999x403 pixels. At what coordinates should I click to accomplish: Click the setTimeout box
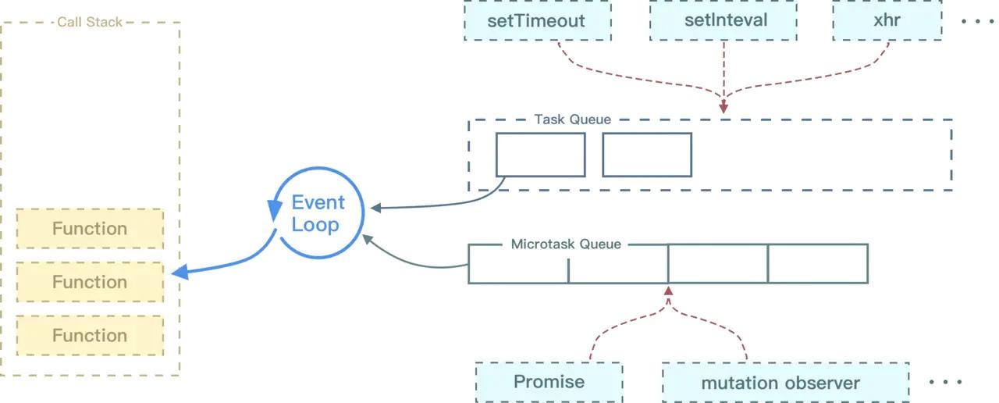click(538, 20)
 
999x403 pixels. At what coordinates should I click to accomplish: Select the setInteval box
click(723, 20)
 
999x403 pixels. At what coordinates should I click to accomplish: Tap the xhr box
click(887, 20)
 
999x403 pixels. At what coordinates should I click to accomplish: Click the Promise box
click(549, 382)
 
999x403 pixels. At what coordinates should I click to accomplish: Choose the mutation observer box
click(785, 383)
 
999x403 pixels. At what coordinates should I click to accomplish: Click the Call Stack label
click(90, 22)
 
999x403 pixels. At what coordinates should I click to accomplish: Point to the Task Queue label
click(573, 119)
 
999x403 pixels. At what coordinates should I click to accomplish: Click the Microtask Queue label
click(566, 244)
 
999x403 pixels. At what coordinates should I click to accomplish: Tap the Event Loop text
click(318, 213)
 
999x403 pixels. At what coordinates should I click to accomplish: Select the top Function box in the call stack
click(90, 229)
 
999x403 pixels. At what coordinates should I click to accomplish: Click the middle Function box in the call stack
click(90, 282)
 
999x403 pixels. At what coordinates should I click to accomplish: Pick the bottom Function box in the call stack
click(90, 336)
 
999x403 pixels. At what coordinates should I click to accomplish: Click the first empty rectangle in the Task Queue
click(541, 155)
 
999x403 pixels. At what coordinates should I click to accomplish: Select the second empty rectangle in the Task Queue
click(647, 155)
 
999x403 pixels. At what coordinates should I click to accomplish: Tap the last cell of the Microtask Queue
click(818, 263)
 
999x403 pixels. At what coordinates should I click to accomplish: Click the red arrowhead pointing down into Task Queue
click(723, 108)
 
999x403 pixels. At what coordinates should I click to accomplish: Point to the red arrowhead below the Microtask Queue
click(668, 291)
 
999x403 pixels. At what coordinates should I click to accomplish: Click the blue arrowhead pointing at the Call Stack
click(180, 272)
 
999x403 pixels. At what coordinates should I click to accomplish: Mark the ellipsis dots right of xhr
click(977, 21)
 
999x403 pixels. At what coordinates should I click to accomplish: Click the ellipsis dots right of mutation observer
click(945, 382)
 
